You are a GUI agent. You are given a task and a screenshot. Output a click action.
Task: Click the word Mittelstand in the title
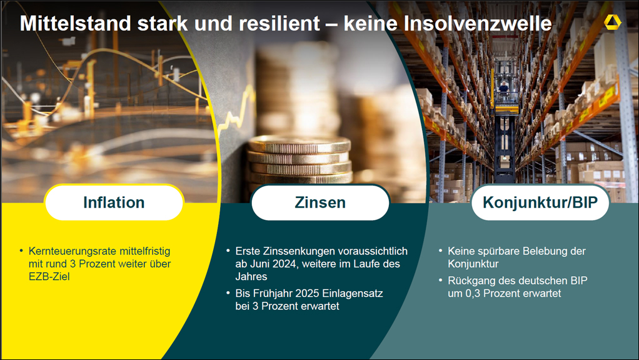[x=76, y=23]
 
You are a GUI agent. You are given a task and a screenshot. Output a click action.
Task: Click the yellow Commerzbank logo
[x=612, y=22]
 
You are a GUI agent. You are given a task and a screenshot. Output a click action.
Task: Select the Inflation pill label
[x=114, y=202]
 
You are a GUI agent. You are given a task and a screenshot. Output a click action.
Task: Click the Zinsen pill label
[x=320, y=202]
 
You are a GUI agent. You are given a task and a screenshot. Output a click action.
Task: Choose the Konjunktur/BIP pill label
[x=540, y=202]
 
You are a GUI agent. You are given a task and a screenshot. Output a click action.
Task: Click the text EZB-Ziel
[x=49, y=276]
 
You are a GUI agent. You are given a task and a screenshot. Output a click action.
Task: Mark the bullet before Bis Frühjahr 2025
[x=228, y=292]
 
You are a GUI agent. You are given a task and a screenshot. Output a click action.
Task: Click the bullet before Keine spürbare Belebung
[x=441, y=251]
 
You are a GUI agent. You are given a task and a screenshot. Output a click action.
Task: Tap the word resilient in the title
[x=279, y=23]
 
